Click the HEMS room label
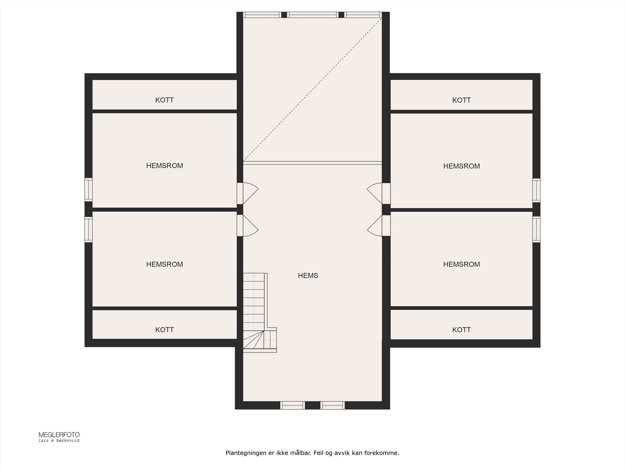click(x=308, y=276)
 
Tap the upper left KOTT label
click(x=164, y=100)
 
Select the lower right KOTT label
click(x=461, y=330)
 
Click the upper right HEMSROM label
click(x=461, y=166)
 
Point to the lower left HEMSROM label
click(x=164, y=264)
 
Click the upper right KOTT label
click(x=461, y=100)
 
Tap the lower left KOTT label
click(x=164, y=330)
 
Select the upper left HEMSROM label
click(x=164, y=166)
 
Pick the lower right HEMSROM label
click(x=461, y=264)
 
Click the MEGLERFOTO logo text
click(x=59, y=435)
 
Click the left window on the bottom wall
click(x=293, y=405)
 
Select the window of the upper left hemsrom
click(x=89, y=190)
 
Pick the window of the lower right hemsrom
click(x=536, y=229)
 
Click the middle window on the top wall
click(x=312, y=15)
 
